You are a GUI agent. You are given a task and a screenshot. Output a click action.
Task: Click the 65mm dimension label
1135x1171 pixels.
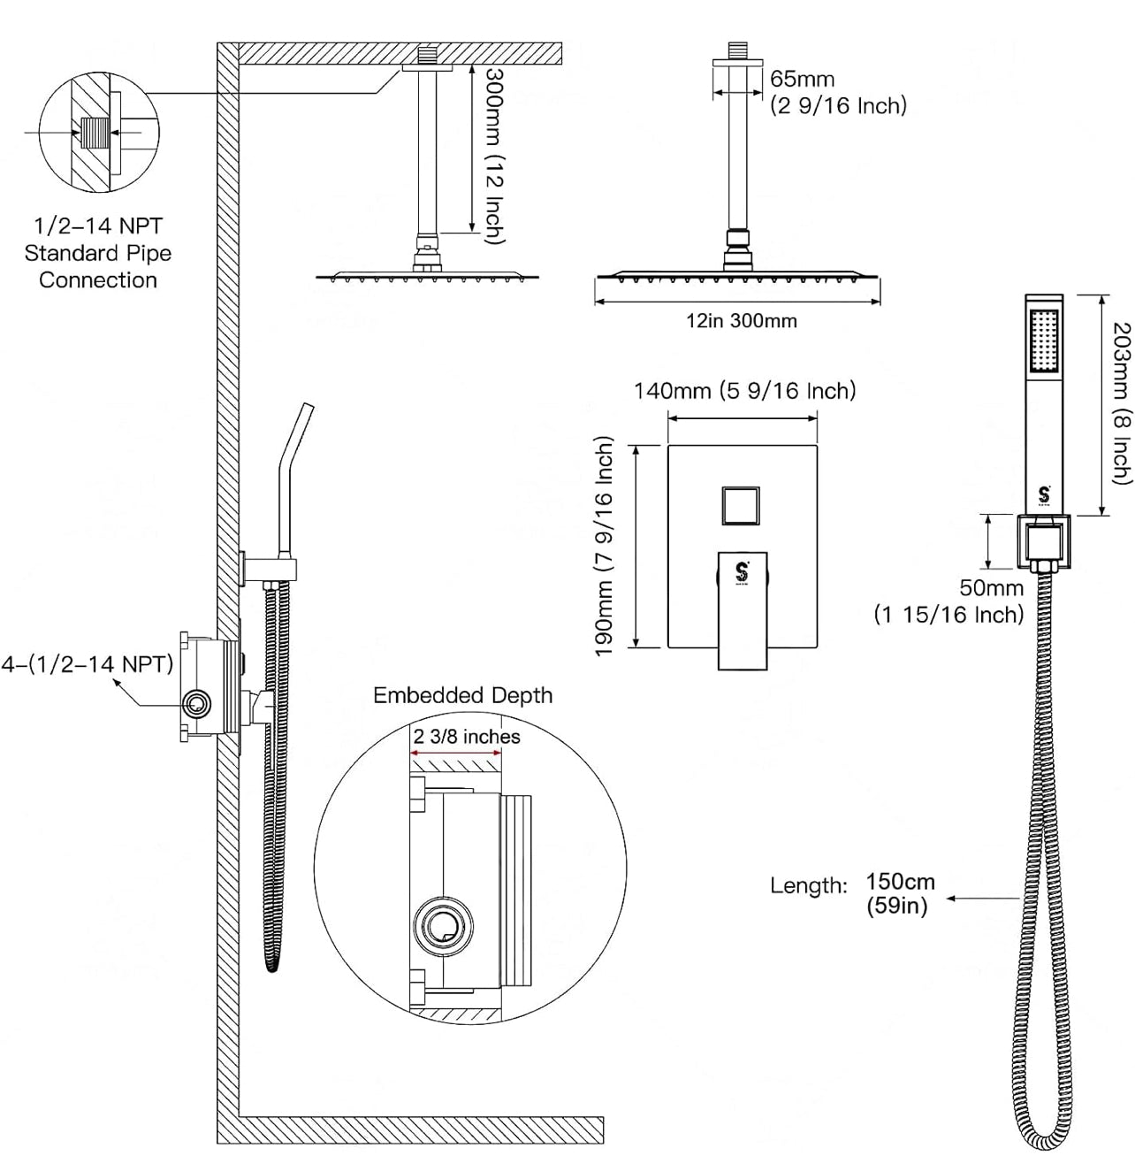coord(801,80)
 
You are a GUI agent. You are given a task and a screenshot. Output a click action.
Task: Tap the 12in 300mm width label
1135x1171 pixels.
coord(741,321)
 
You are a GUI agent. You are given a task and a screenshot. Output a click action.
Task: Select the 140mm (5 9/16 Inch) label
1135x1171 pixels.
coord(744,390)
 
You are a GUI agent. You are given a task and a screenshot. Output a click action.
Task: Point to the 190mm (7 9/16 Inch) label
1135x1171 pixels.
coord(605,546)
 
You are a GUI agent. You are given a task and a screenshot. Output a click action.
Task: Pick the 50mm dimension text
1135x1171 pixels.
coord(992,587)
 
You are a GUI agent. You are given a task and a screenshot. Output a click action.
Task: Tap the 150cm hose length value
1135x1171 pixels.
coord(900,882)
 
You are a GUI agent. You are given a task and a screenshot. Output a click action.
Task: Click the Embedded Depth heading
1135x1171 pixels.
coord(462,695)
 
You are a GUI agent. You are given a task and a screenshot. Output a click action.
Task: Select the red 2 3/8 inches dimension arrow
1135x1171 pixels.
coord(454,754)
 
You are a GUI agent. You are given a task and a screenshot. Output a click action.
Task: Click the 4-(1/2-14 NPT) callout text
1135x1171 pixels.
coord(87,663)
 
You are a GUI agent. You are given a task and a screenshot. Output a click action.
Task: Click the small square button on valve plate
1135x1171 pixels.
coord(741,506)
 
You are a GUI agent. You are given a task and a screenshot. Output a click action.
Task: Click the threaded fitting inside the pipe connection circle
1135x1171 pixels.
coord(93,134)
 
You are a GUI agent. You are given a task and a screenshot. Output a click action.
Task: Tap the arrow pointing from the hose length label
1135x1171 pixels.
coord(982,899)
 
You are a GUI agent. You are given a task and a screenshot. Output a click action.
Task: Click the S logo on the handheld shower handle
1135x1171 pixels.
coord(1044,495)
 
